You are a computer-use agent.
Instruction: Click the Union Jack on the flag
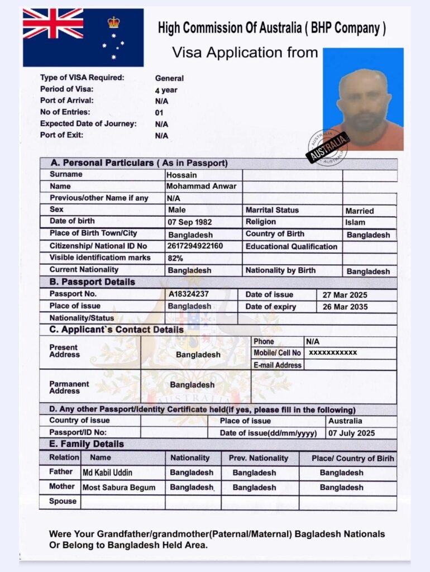pos(53,23)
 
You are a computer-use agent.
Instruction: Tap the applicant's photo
pos(363,99)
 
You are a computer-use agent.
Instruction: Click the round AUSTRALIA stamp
pos(327,147)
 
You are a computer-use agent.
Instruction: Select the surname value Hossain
pos(181,175)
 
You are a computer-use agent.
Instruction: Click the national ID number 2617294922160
pos(195,246)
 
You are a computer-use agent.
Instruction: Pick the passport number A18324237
pos(189,294)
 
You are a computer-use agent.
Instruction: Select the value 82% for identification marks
pos(175,258)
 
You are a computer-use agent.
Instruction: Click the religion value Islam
pos(355,222)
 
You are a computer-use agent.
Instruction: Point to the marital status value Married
pos(360,211)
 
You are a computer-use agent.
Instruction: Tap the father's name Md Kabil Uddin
pos(107,473)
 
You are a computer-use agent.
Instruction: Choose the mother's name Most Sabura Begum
pos(119,487)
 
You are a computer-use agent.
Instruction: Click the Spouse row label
pos(63,501)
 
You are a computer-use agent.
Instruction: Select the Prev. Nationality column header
pos(259,458)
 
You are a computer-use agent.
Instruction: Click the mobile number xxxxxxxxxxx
pos(333,352)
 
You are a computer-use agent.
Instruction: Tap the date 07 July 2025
pos(352,433)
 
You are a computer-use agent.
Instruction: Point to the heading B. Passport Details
pos(92,282)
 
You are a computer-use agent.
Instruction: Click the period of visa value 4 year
pos(166,90)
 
